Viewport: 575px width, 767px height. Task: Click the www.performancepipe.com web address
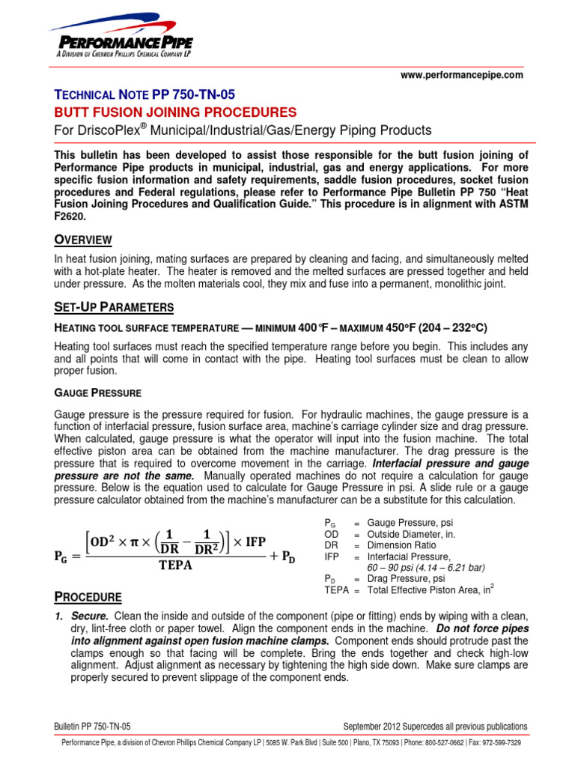point(463,76)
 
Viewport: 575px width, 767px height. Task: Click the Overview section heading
point(82,240)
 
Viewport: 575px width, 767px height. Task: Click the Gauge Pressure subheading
point(97,392)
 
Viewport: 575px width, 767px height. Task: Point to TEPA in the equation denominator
point(175,565)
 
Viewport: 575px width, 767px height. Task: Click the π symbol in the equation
point(132,541)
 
